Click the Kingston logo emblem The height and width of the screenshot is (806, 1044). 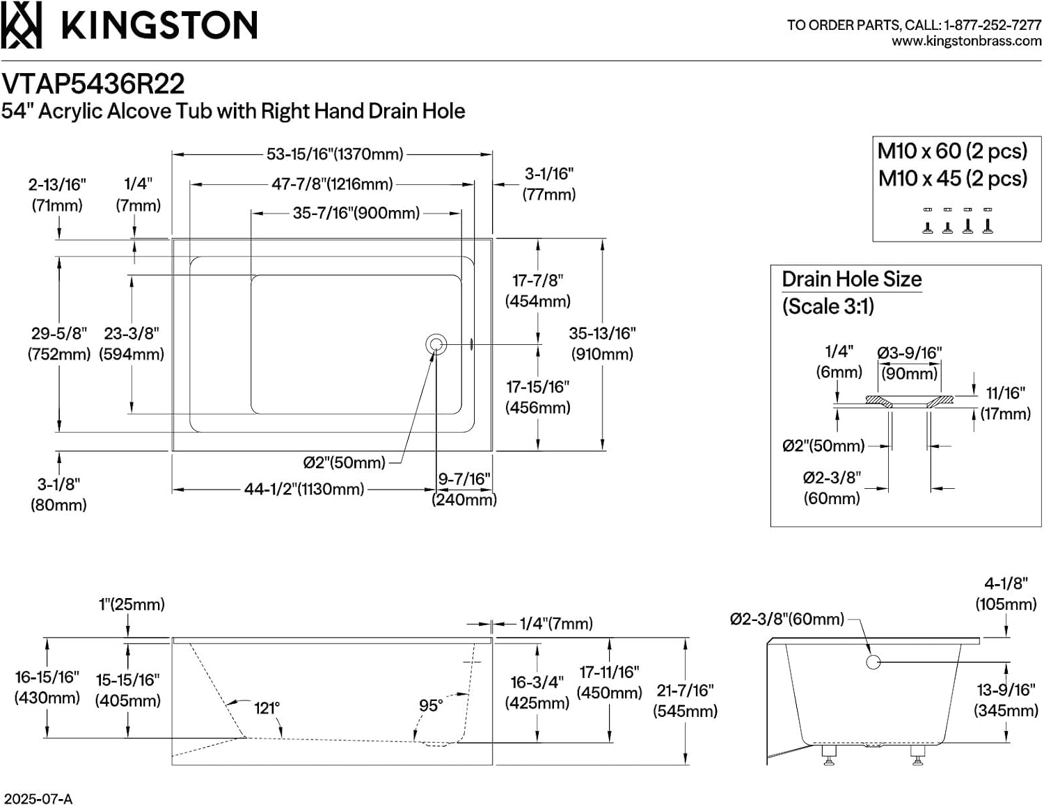[21, 24]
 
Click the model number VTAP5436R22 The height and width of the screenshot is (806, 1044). [93, 84]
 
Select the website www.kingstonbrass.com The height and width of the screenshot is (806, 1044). [967, 41]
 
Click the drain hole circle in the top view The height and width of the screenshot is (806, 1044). [436, 344]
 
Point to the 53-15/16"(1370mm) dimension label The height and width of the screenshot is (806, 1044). [335, 154]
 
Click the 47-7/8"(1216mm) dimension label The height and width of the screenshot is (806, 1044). [332, 184]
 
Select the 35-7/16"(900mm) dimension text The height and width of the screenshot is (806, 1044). [356, 213]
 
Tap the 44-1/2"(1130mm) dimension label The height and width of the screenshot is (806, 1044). [304, 489]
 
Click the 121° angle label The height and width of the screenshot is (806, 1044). [267, 708]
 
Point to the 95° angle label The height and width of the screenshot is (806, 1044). [430, 705]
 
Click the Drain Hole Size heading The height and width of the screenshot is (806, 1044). [852, 280]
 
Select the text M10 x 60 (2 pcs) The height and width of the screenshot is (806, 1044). [952, 151]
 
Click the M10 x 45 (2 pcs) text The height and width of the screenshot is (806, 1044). [953, 179]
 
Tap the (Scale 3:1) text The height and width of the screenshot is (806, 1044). [828, 306]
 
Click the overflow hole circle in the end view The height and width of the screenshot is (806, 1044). [873, 662]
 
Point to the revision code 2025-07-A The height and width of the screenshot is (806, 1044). [36, 799]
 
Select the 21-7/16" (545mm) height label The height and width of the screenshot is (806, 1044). [685, 701]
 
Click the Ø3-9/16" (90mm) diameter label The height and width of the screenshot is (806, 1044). [910, 364]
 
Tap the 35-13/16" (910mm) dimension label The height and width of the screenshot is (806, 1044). [602, 344]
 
